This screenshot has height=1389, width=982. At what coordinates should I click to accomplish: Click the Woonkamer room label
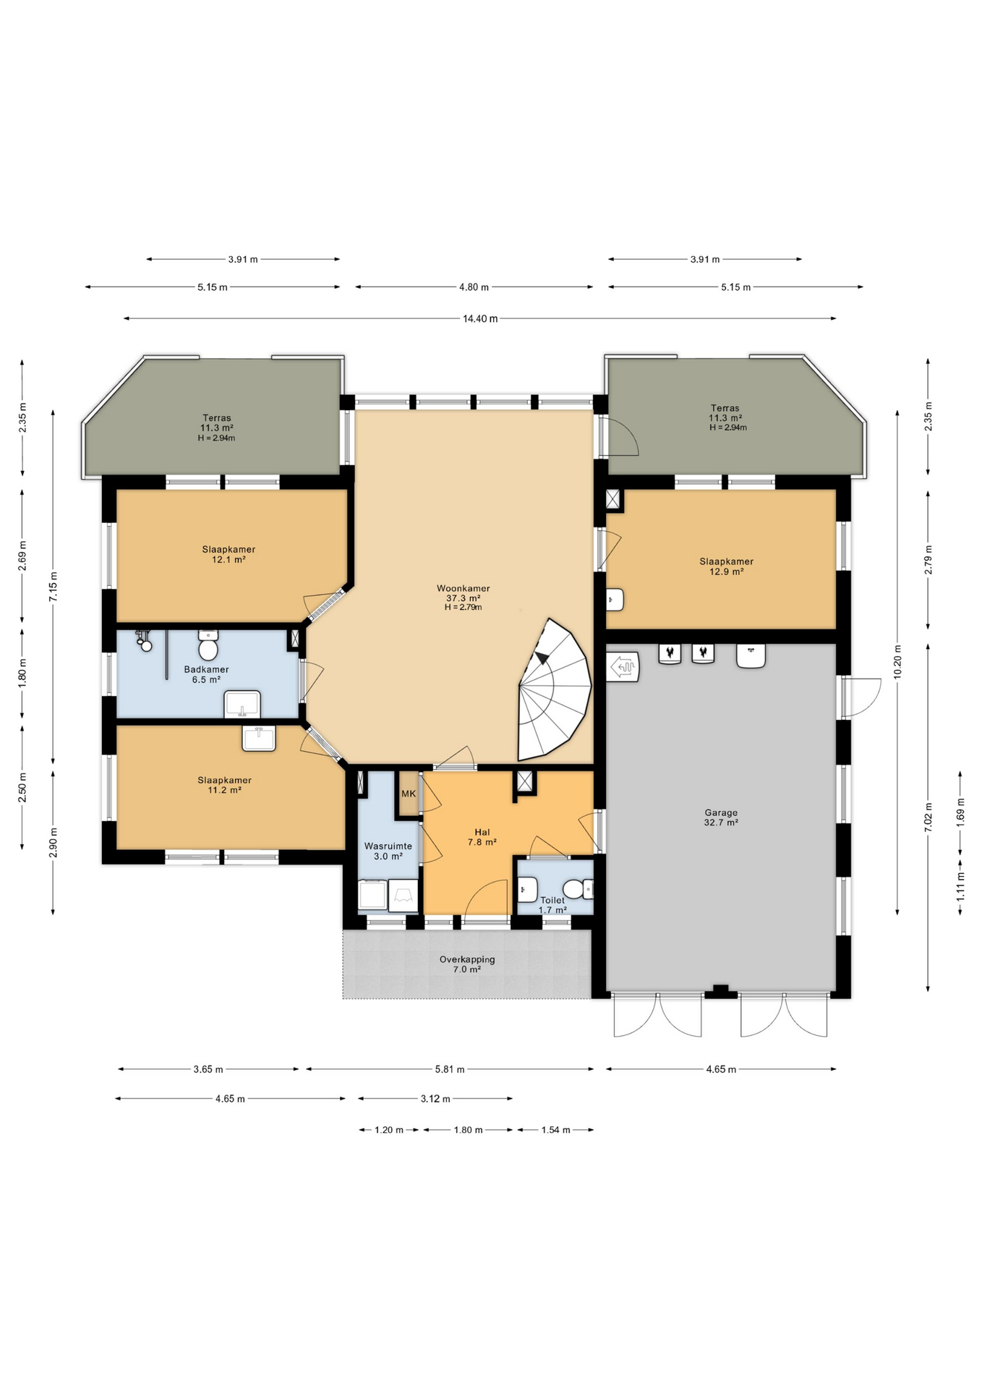point(464,588)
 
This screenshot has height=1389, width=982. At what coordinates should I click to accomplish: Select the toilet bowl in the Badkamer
point(208,646)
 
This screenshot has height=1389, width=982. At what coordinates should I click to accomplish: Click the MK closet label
point(409,794)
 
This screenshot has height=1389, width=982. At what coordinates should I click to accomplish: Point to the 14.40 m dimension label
point(480,318)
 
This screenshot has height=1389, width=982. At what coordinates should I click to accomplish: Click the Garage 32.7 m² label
point(721,817)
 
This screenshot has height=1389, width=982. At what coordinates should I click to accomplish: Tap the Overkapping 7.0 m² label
point(467,964)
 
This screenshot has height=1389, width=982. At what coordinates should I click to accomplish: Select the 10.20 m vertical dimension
point(897,662)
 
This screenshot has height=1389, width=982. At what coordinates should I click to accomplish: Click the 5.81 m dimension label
point(450,1069)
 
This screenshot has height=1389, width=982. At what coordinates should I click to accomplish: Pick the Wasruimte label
point(388,846)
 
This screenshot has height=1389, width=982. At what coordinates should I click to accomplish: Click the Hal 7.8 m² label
point(482,837)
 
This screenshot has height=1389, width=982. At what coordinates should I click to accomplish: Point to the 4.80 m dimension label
point(474,287)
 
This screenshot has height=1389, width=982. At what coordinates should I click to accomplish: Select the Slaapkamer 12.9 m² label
point(727,566)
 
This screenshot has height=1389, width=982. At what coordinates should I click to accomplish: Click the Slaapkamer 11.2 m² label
point(225,785)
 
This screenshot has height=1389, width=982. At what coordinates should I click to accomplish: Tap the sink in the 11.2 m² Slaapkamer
point(259,739)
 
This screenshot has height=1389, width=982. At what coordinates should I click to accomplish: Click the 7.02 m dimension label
point(928,817)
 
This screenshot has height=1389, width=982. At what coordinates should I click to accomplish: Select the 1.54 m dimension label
point(555,1130)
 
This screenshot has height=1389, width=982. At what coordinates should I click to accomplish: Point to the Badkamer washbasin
point(242,704)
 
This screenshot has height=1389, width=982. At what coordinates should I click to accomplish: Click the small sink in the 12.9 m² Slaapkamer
point(615,600)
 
